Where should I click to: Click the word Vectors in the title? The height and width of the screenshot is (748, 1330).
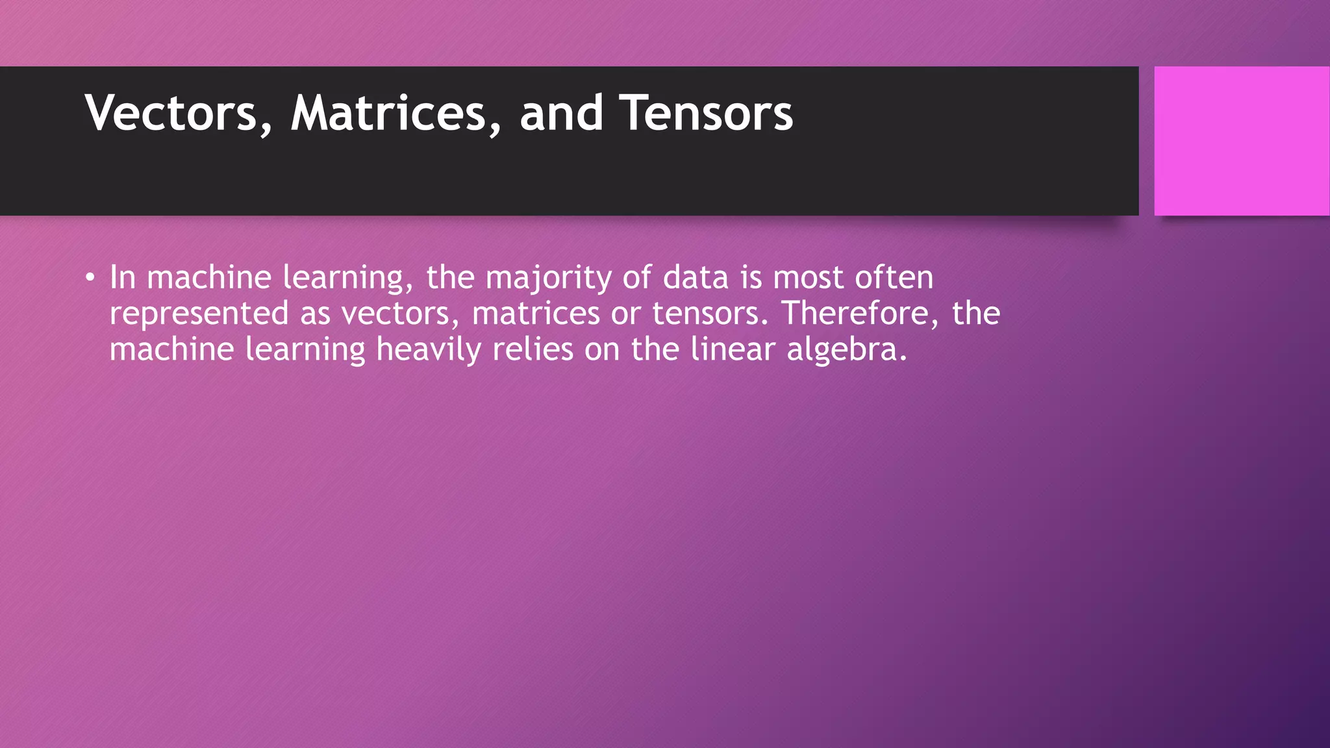coord(171,114)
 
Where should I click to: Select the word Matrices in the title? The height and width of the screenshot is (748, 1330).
coord(388,114)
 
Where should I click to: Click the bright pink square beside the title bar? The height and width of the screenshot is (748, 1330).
coord(1242,141)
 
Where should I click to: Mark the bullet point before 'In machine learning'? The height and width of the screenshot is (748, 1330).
coord(90,279)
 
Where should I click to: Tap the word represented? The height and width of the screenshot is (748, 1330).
coord(199,314)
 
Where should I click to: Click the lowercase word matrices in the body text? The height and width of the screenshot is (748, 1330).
coord(536,314)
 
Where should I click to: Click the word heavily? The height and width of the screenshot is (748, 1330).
coord(429,350)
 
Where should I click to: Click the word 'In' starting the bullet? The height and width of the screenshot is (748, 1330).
coord(122,277)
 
